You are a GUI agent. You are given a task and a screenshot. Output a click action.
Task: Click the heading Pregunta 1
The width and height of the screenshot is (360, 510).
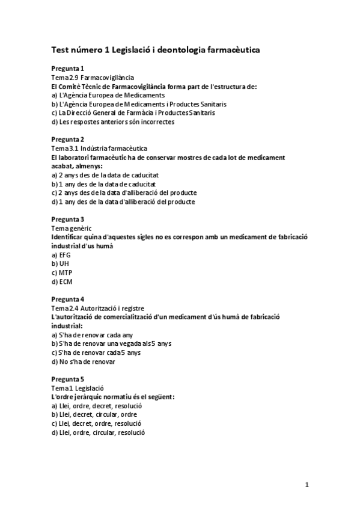pyautogui.click(x=68, y=69)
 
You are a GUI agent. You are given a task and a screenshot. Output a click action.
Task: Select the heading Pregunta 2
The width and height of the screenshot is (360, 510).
pyautogui.click(x=68, y=140)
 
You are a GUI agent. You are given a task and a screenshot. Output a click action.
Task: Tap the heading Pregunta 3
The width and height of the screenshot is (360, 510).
pyautogui.click(x=68, y=219)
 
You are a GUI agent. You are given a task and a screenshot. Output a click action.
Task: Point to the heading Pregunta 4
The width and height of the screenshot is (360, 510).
pyautogui.click(x=68, y=299)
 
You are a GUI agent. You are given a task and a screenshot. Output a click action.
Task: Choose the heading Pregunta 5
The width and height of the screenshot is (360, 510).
pyautogui.click(x=68, y=379)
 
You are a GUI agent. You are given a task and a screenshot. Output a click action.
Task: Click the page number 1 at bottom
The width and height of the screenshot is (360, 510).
pyautogui.click(x=307, y=484)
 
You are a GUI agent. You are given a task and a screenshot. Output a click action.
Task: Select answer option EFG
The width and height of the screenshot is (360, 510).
pyautogui.click(x=61, y=255)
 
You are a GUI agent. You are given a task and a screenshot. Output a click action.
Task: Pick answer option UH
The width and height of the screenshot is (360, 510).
pyautogui.click(x=60, y=263)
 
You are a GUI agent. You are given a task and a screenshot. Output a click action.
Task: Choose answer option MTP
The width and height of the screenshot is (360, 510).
pyautogui.click(x=62, y=272)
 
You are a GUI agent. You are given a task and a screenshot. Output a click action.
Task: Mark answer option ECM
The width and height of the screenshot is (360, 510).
pyautogui.click(x=62, y=281)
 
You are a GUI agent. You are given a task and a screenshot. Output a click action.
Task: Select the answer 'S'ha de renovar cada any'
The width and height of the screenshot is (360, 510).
pyautogui.click(x=92, y=334)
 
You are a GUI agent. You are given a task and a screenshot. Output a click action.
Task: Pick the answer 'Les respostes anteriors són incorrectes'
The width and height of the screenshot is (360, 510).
pyautogui.click(x=113, y=121)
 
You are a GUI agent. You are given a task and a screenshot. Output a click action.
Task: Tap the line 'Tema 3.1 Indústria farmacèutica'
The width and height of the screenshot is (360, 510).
pyautogui.click(x=100, y=149)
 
